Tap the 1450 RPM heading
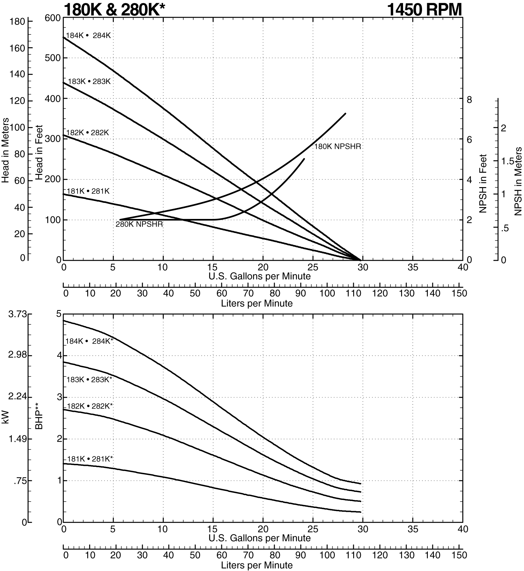424,9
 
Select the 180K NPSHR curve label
337,147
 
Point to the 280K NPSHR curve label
139,224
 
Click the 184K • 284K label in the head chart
88,36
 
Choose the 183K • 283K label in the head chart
89,82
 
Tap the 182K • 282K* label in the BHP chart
90,406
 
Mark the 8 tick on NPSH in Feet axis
469,100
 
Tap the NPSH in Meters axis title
518,181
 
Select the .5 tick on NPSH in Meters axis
504,228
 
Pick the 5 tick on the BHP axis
59,314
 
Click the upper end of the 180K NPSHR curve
345,113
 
